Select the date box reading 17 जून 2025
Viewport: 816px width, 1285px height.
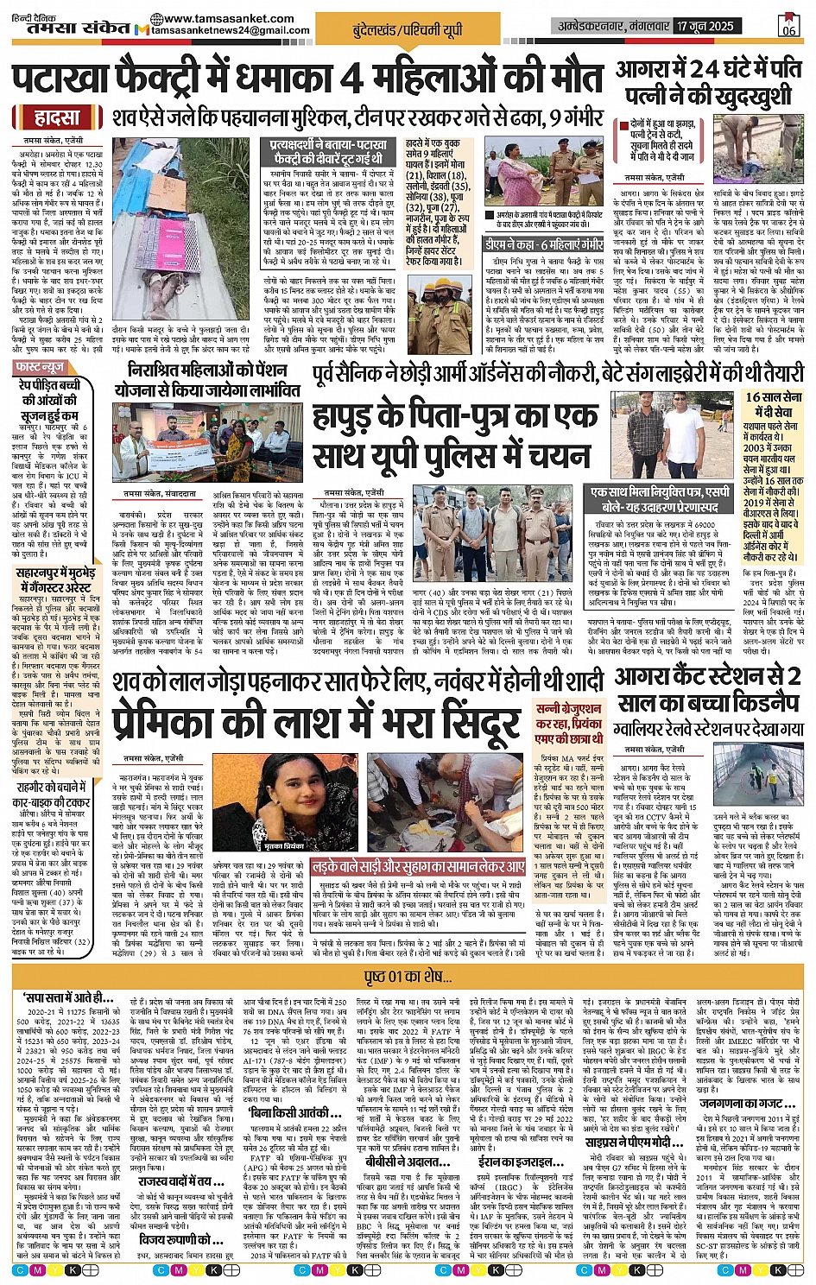705,26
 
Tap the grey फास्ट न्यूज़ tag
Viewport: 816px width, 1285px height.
41,368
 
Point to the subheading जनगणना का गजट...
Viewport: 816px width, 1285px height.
741,1102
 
